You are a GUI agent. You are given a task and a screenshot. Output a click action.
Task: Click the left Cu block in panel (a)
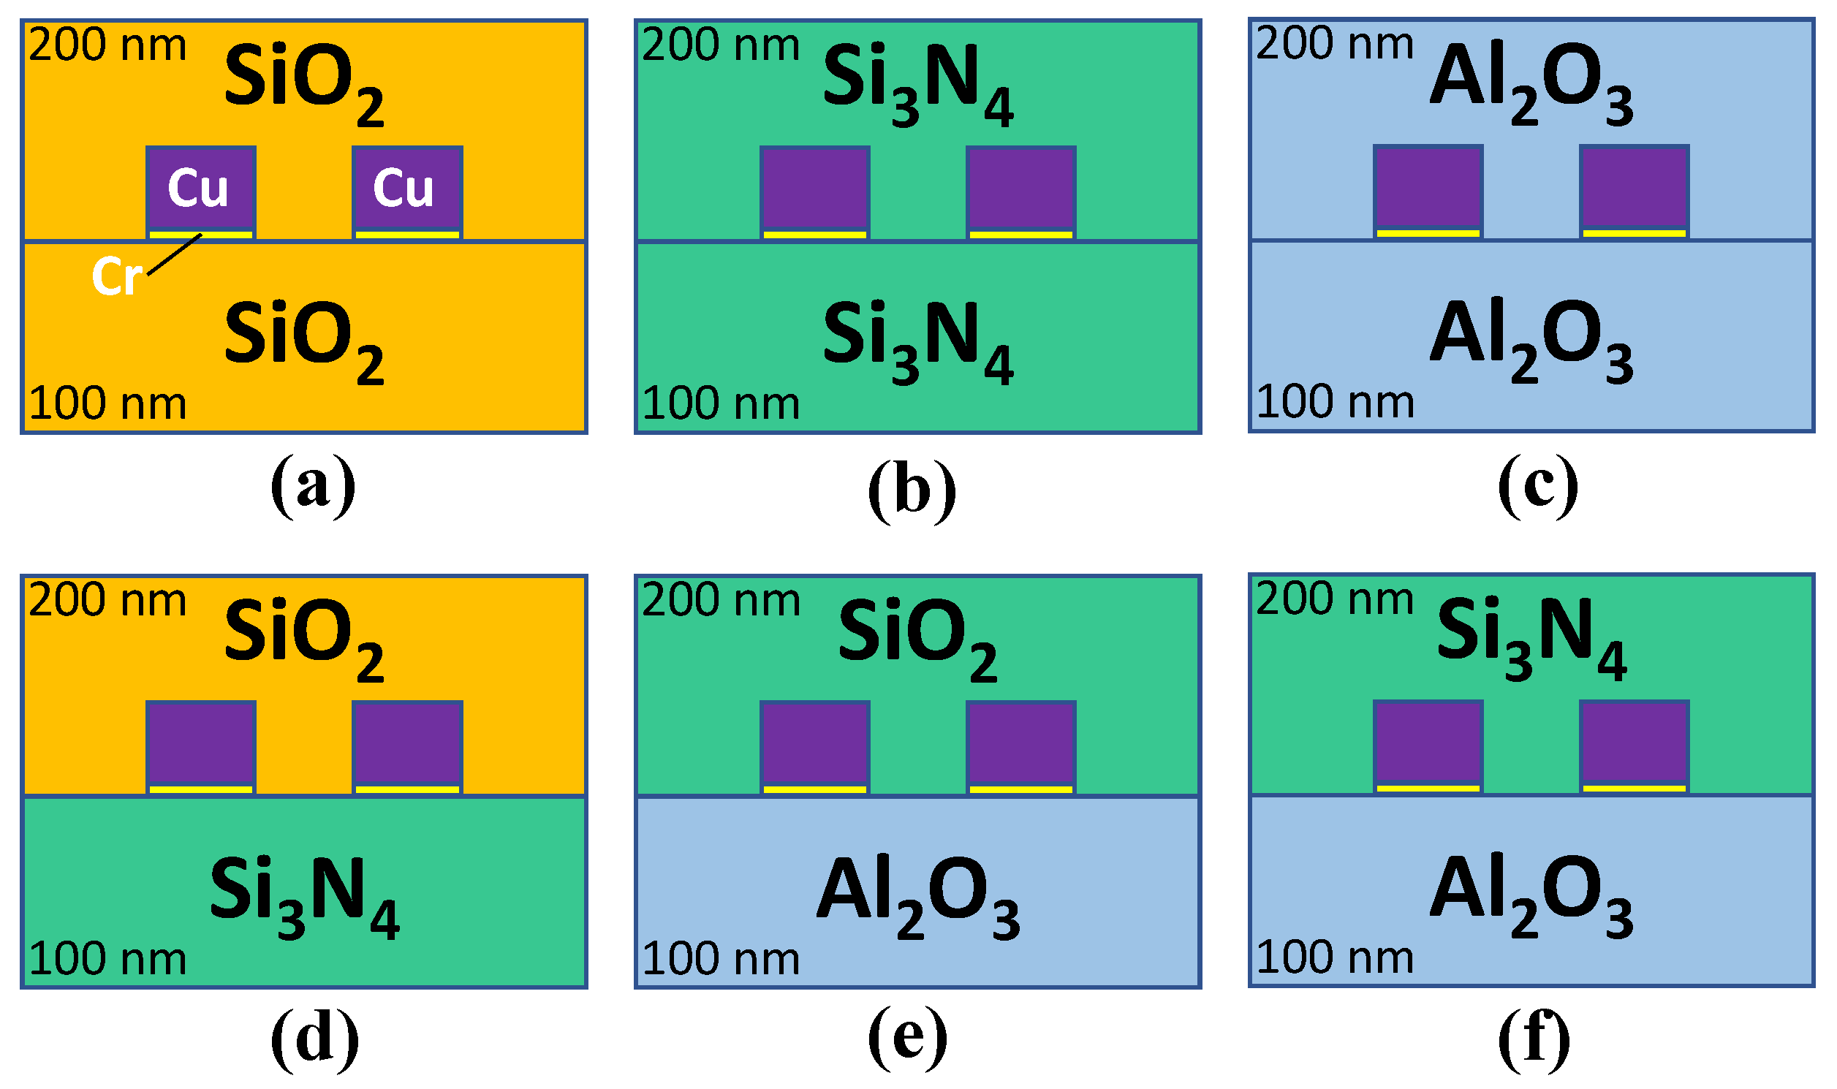coord(200,188)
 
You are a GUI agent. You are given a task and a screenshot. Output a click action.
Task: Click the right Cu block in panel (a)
coord(406,188)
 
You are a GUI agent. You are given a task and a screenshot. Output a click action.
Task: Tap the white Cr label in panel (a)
coord(116,277)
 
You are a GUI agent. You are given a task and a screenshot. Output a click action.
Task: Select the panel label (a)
coord(313,486)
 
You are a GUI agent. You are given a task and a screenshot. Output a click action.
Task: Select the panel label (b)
coord(912,489)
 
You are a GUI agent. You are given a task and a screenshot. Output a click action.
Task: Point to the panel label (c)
coord(1537,486)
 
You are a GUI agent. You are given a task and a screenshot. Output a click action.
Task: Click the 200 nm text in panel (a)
coord(107,45)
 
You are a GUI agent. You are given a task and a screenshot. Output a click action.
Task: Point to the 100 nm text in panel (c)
coord(1335,402)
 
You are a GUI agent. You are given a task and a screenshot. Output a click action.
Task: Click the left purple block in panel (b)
coord(814,188)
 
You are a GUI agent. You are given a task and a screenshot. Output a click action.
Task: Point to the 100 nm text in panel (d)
coord(107,958)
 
